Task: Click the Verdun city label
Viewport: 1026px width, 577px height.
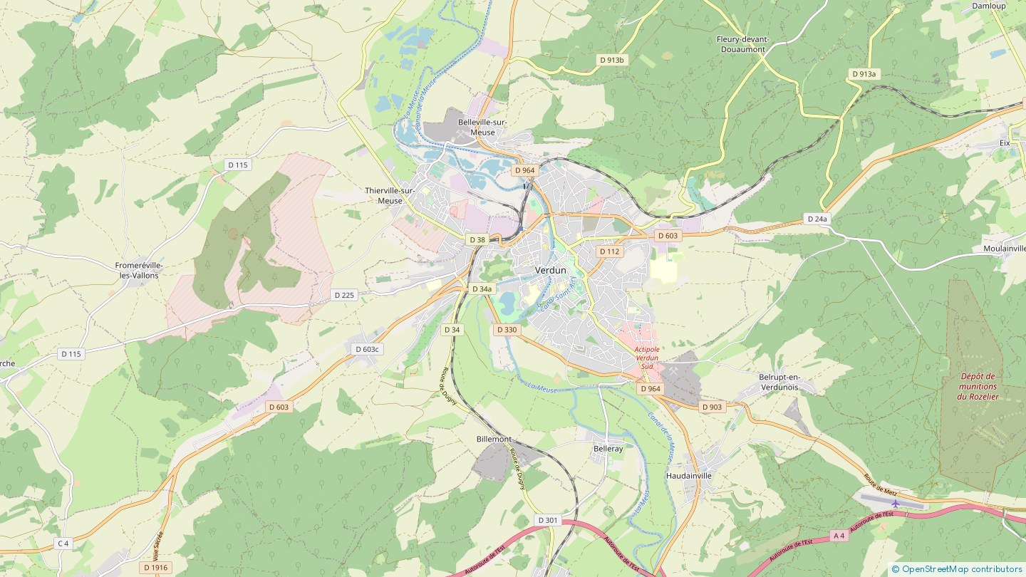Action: pyautogui.click(x=551, y=271)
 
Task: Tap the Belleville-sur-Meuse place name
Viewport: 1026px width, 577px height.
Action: pyautogui.click(x=482, y=127)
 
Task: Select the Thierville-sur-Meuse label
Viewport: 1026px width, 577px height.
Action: pyautogui.click(x=389, y=195)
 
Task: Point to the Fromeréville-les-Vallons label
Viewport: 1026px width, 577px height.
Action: pyautogui.click(x=139, y=270)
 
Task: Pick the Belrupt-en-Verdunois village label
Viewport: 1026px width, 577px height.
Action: pyautogui.click(x=779, y=382)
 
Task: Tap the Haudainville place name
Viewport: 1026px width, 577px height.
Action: pyautogui.click(x=688, y=476)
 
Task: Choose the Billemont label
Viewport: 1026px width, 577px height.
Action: pyautogui.click(x=494, y=440)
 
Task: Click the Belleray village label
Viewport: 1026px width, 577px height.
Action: pyautogui.click(x=608, y=449)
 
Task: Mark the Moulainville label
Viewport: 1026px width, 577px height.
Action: pyautogui.click(x=1004, y=249)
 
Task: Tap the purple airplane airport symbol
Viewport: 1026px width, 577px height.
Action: pyautogui.click(x=896, y=504)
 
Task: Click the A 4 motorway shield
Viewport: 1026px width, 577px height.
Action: pyautogui.click(x=839, y=535)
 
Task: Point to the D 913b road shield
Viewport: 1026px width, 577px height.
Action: pyautogui.click(x=611, y=61)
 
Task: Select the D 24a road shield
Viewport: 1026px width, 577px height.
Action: pyautogui.click(x=817, y=219)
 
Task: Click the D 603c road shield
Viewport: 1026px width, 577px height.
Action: pyautogui.click(x=368, y=349)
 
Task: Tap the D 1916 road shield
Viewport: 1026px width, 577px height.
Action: pyautogui.click(x=155, y=568)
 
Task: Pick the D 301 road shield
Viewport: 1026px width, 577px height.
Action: pyautogui.click(x=548, y=520)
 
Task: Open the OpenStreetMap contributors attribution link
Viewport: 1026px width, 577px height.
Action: pyautogui.click(x=961, y=569)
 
